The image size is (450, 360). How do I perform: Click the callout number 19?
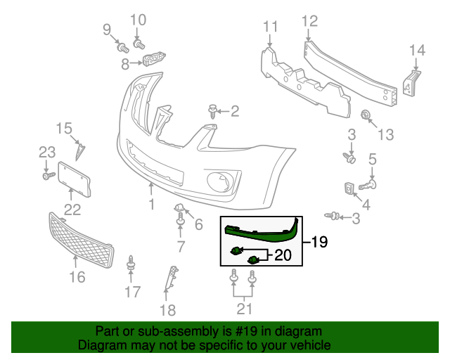pos(320,243)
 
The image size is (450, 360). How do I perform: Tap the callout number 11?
pos(271,27)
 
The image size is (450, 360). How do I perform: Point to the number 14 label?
pos(417,50)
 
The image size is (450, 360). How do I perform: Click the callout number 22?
pos(72,209)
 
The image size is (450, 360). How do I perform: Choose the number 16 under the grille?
pos(77,277)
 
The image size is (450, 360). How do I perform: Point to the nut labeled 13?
pos(366,115)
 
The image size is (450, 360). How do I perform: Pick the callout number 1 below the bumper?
pos(150,205)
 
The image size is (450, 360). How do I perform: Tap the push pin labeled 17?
pos(131,265)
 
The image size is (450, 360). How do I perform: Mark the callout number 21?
pos(244,308)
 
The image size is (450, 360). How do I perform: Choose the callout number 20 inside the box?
pos(283,256)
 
